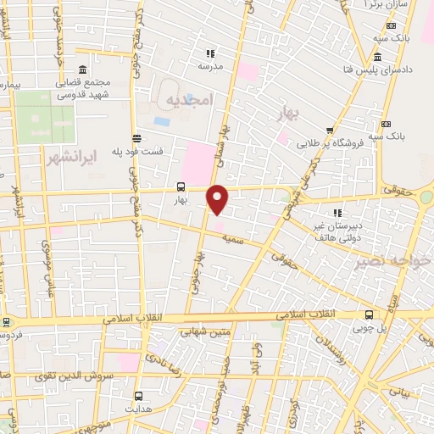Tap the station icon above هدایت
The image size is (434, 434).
[138, 395]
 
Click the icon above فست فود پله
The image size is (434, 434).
[137, 138]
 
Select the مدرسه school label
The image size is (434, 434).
[210, 65]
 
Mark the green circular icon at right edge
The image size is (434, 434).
[426, 198]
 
